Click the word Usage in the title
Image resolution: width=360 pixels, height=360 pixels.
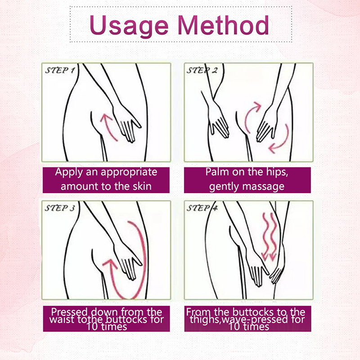(129, 26)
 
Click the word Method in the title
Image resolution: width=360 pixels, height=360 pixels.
(223, 25)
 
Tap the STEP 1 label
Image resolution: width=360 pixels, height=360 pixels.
(60, 70)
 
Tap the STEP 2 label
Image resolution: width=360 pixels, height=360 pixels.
(202, 70)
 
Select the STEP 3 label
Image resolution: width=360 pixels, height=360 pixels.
(60, 208)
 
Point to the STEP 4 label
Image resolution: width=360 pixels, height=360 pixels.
(202, 208)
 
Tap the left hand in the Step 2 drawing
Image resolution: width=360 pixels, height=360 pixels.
(218, 119)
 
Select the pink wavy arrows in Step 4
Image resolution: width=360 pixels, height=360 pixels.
(269, 237)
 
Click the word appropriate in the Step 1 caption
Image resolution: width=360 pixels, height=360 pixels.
(129, 172)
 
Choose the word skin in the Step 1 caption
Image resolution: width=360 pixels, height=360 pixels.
(142, 186)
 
